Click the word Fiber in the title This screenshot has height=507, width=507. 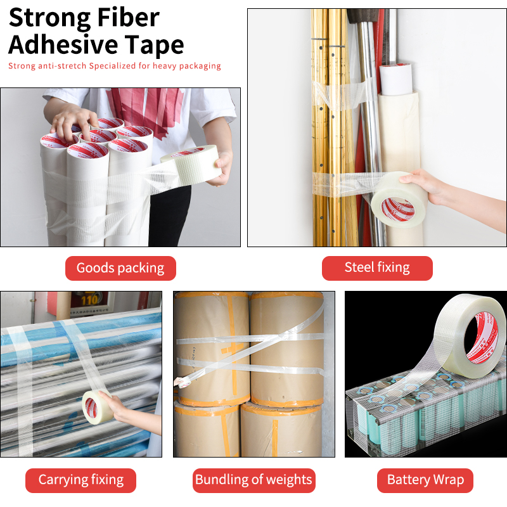pyautogui.click(x=128, y=18)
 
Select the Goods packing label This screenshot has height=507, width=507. pyautogui.click(x=120, y=268)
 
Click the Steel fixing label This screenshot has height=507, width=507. pyautogui.click(x=377, y=268)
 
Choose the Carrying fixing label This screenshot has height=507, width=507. pyautogui.click(x=81, y=480)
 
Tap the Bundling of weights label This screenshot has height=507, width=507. pyautogui.click(x=254, y=480)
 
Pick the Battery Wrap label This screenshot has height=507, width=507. pyautogui.click(x=425, y=480)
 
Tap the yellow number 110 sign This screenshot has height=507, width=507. pyautogui.click(x=89, y=300)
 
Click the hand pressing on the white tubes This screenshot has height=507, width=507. pyautogui.click(x=74, y=122)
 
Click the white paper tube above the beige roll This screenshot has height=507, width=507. pyautogui.click(x=395, y=79)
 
